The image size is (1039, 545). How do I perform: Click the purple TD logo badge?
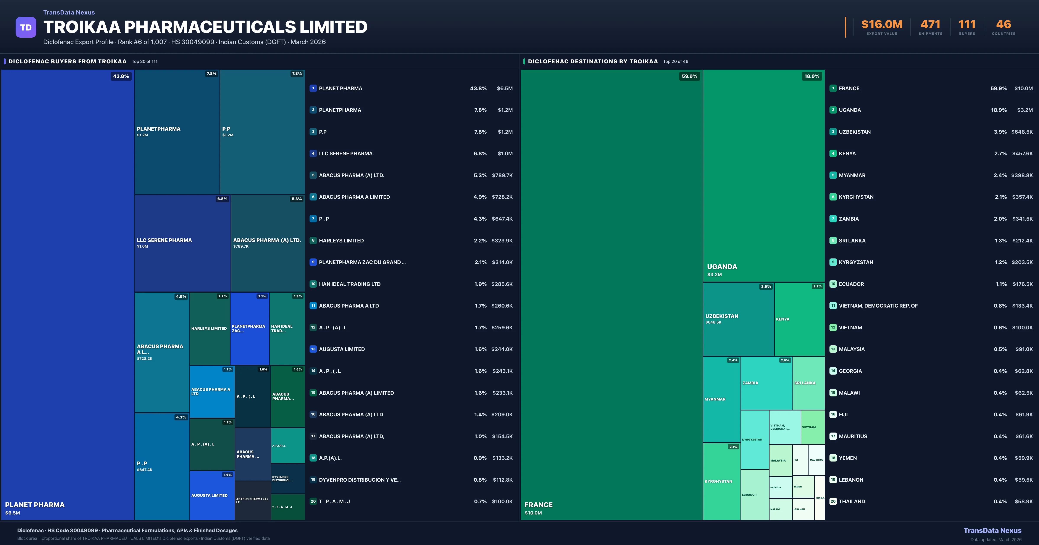click(x=26, y=27)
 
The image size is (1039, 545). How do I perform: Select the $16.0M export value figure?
click(x=882, y=25)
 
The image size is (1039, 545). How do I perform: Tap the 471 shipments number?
click(x=930, y=25)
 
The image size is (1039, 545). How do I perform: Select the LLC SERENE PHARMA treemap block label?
click(x=164, y=240)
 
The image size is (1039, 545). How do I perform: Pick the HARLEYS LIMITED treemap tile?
click(x=209, y=329)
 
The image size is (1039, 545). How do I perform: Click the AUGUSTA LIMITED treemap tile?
click(x=209, y=495)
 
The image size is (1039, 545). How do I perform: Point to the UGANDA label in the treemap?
click(x=722, y=267)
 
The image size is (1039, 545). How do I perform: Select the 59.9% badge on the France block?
click(x=689, y=76)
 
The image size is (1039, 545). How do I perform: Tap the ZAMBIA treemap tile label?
click(x=750, y=383)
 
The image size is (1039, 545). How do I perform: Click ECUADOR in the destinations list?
click(x=851, y=284)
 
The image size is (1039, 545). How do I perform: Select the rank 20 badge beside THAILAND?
click(x=833, y=502)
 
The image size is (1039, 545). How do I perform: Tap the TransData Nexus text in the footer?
click(x=992, y=531)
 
